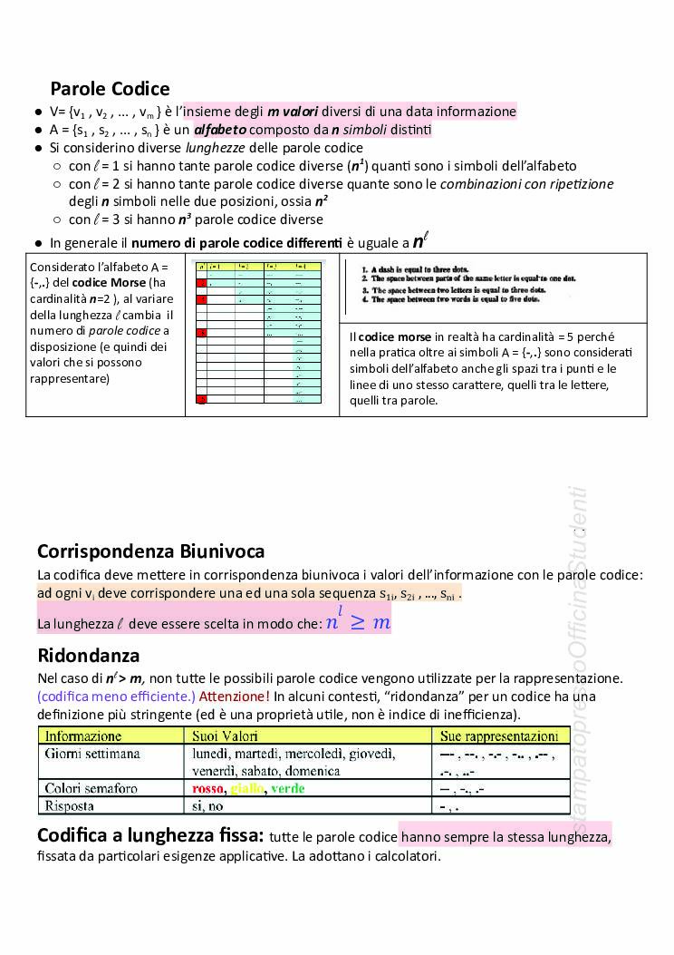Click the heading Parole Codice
click(x=110, y=88)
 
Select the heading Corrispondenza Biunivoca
click(x=150, y=551)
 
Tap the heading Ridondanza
click(x=88, y=655)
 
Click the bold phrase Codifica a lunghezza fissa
click(x=149, y=834)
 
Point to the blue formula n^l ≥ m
click(x=358, y=622)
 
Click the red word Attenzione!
click(x=234, y=697)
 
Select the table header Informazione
click(x=83, y=736)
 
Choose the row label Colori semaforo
click(x=91, y=788)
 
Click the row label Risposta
click(x=72, y=805)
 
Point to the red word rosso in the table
click(x=208, y=788)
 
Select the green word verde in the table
click(x=288, y=788)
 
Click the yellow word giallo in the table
click(x=247, y=788)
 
